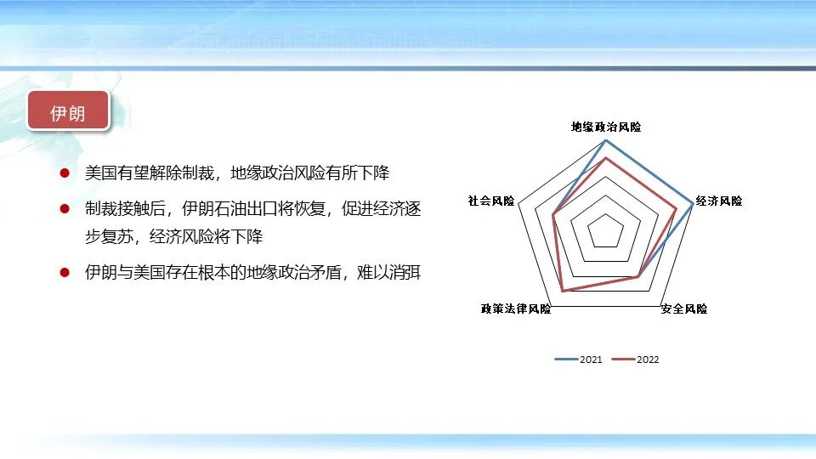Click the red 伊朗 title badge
pyautogui.click(x=68, y=111)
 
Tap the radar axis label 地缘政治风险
pyautogui.click(x=606, y=127)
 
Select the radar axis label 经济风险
pyautogui.click(x=719, y=201)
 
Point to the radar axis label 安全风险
pyautogui.click(x=684, y=309)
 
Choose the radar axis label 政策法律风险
pyautogui.click(x=516, y=309)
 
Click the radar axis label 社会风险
pyautogui.click(x=491, y=201)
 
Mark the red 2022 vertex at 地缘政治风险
pyautogui.click(x=606, y=158)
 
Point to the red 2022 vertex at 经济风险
pyautogui.click(x=677, y=209)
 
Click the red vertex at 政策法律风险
pyautogui.click(x=562, y=292)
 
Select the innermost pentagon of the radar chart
pyautogui.click(x=606, y=231)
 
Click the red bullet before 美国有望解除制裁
pyautogui.click(x=65, y=173)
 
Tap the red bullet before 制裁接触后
pyautogui.click(x=65, y=208)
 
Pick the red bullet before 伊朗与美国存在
pyautogui.click(x=65, y=273)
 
